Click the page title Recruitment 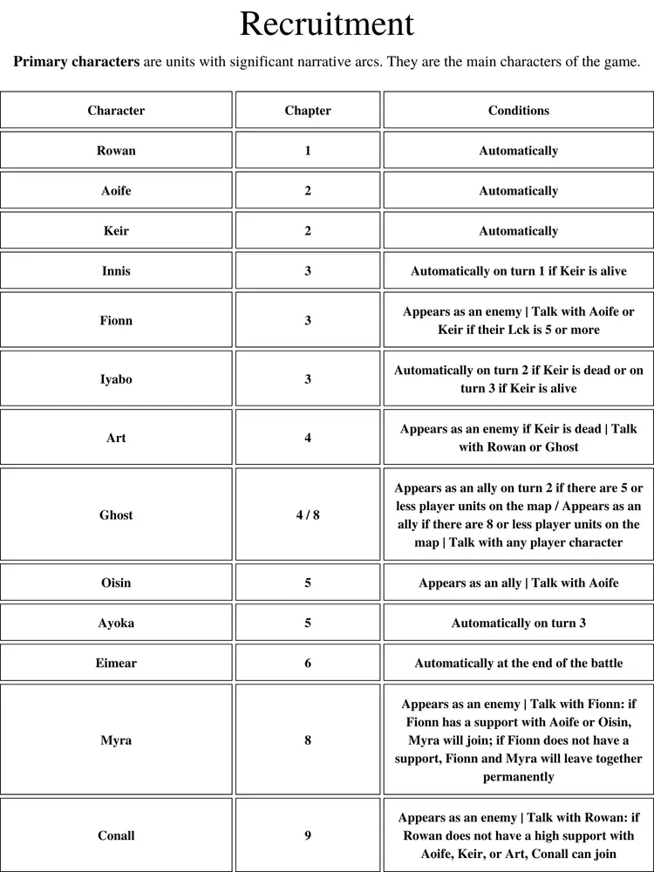coord(326,24)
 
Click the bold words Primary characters coord(77,62)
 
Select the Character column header coord(116,111)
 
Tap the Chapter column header coord(308,111)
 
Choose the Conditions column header coord(518,111)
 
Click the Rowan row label coord(116,151)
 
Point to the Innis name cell coord(116,271)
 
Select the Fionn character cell coord(116,321)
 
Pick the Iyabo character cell coord(116,379)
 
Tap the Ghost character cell coord(116,515)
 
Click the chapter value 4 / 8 coord(308,515)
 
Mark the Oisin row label coord(116,582)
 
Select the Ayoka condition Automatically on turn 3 coord(518,623)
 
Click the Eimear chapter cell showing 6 coord(308,663)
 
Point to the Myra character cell coord(116,740)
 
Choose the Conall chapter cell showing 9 coord(308,835)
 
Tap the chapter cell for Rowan coord(308,151)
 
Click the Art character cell coord(116,438)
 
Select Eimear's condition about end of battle coord(518,663)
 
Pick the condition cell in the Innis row coord(518,271)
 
